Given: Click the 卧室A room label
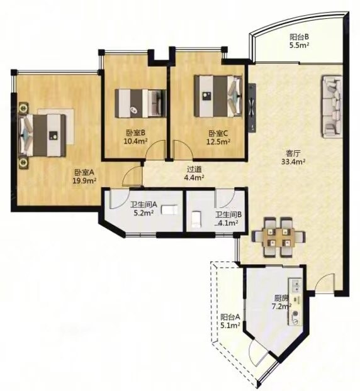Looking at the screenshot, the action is (x=84, y=172).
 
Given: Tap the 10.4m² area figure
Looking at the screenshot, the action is (x=135, y=141).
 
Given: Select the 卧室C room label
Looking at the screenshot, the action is (x=218, y=133).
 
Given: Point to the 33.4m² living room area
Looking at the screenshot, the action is (x=293, y=162).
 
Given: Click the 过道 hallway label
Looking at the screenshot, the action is (x=194, y=169).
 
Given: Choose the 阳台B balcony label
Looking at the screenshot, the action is (x=300, y=37).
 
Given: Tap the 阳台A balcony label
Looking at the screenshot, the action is (x=230, y=317).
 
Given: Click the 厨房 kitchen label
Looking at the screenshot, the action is (x=281, y=298).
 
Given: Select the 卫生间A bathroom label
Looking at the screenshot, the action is (x=143, y=205).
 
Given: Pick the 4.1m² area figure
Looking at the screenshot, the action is (x=227, y=223).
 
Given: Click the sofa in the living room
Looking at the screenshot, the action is (x=332, y=107).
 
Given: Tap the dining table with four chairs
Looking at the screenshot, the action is (x=278, y=237).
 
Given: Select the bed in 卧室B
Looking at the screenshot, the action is (x=140, y=103).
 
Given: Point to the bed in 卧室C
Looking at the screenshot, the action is (x=218, y=96).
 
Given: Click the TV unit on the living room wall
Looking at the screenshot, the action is (x=252, y=107).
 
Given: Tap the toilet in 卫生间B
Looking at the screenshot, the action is (x=196, y=219).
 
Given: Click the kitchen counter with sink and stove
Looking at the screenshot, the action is (x=295, y=302).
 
